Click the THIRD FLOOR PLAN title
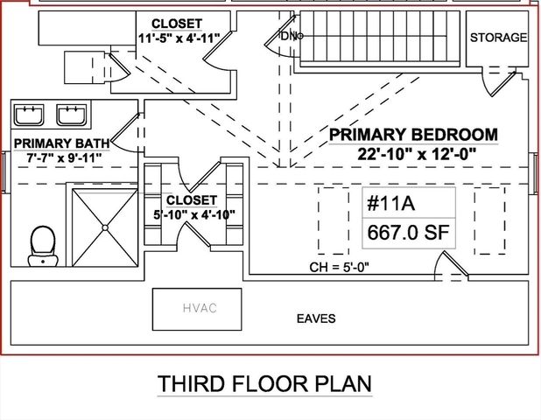pyautogui.click(x=264, y=384)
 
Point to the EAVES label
pyautogui.click(x=315, y=319)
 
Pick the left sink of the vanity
pyautogui.click(x=31, y=115)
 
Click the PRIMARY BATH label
pyautogui.click(x=61, y=143)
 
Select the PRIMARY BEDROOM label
pyautogui.click(x=413, y=135)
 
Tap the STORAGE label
pyautogui.click(x=498, y=38)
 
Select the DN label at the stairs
pyautogui.click(x=288, y=35)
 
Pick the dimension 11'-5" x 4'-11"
pyautogui.click(x=178, y=38)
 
